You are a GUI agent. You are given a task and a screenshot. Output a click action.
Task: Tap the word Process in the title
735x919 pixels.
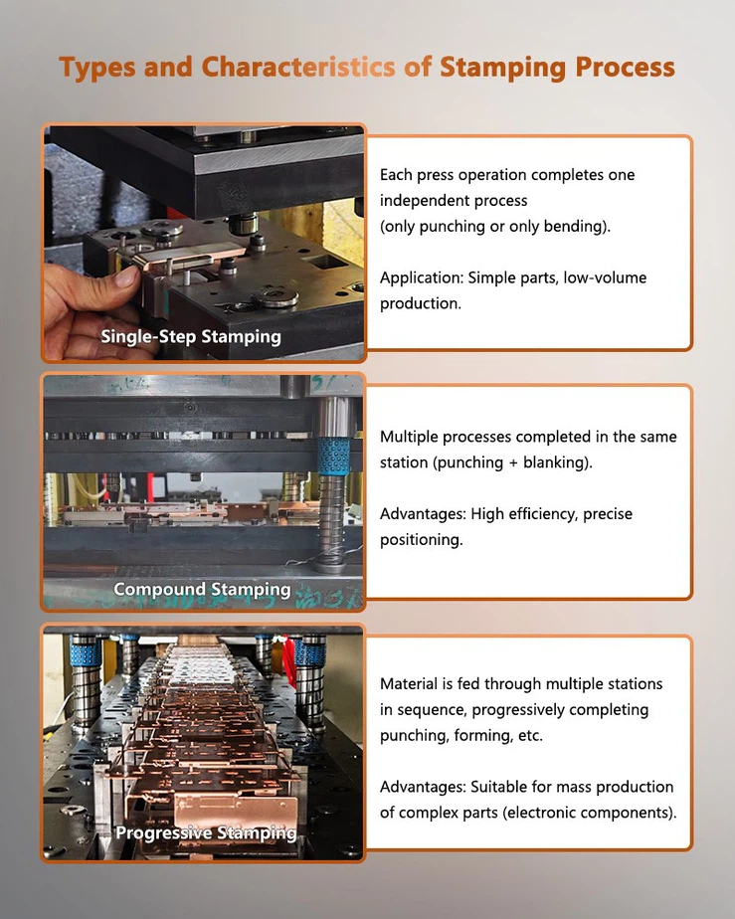[x=625, y=68]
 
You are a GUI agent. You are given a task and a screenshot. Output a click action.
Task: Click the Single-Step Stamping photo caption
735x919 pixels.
[x=191, y=336]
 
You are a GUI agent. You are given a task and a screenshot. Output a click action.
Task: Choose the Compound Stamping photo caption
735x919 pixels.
[x=202, y=589]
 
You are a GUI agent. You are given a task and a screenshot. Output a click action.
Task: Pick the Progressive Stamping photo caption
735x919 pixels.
[x=206, y=832]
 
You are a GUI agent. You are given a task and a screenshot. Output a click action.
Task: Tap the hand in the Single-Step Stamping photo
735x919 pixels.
[x=84, y=298]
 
